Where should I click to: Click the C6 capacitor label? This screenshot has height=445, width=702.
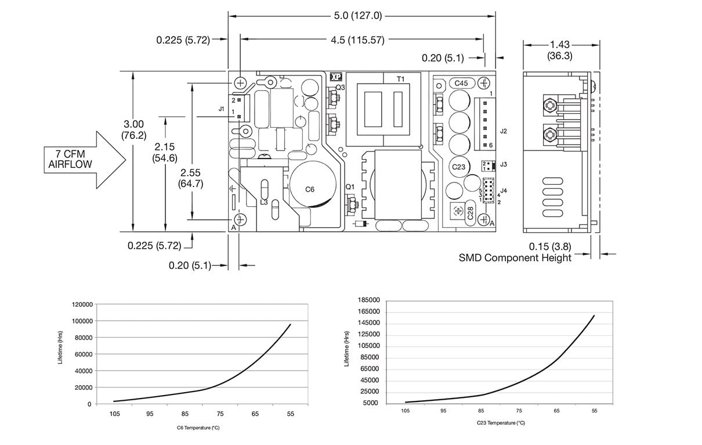tap(310, 189)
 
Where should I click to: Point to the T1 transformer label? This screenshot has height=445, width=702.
tap(400, 78)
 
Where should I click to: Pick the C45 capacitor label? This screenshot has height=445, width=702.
tap(461, 83)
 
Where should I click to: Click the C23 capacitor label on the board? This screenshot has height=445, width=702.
tap(459, 167)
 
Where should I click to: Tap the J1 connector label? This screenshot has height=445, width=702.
tap(222, 109)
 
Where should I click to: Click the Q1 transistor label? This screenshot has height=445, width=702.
tap(349, 186)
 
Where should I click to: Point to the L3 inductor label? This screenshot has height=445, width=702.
tap(263, 202)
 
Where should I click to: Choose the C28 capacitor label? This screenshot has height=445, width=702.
tap(471, 214)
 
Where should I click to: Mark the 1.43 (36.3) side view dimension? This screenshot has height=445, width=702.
tap(559, 50)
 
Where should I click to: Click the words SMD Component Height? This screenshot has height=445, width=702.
tap(515, 257)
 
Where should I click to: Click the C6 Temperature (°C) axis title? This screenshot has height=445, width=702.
tap(198, 428)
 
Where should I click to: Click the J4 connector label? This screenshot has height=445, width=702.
tap(503, 190)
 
